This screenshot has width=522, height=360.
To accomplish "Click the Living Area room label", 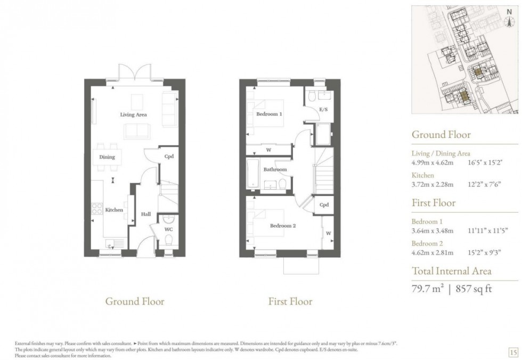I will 133,114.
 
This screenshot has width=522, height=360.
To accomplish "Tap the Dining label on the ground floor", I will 107,157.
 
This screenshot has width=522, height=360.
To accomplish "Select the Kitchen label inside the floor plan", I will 114,210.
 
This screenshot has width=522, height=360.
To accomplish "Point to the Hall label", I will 145,214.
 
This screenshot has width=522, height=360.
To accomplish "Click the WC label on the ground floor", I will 169,230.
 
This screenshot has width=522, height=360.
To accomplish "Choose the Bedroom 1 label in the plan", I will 270,114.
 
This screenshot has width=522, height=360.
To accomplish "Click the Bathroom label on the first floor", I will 276,169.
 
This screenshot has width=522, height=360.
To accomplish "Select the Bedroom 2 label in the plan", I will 282,226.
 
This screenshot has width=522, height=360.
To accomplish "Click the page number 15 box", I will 513,352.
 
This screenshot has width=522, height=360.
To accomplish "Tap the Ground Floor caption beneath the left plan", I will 135,301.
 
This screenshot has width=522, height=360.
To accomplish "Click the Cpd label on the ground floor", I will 169,157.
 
